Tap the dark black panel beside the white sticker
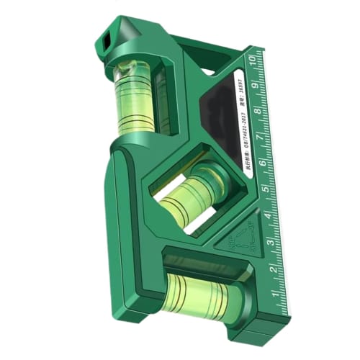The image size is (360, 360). [x=216, y=130]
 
